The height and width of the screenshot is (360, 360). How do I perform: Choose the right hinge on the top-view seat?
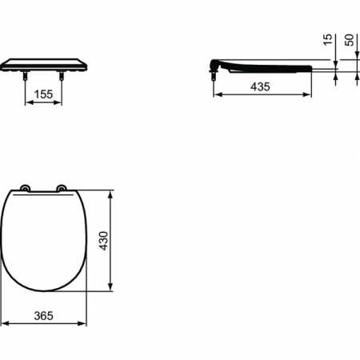coord(62,189)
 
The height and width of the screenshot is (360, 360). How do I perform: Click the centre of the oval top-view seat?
coord(44,240)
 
